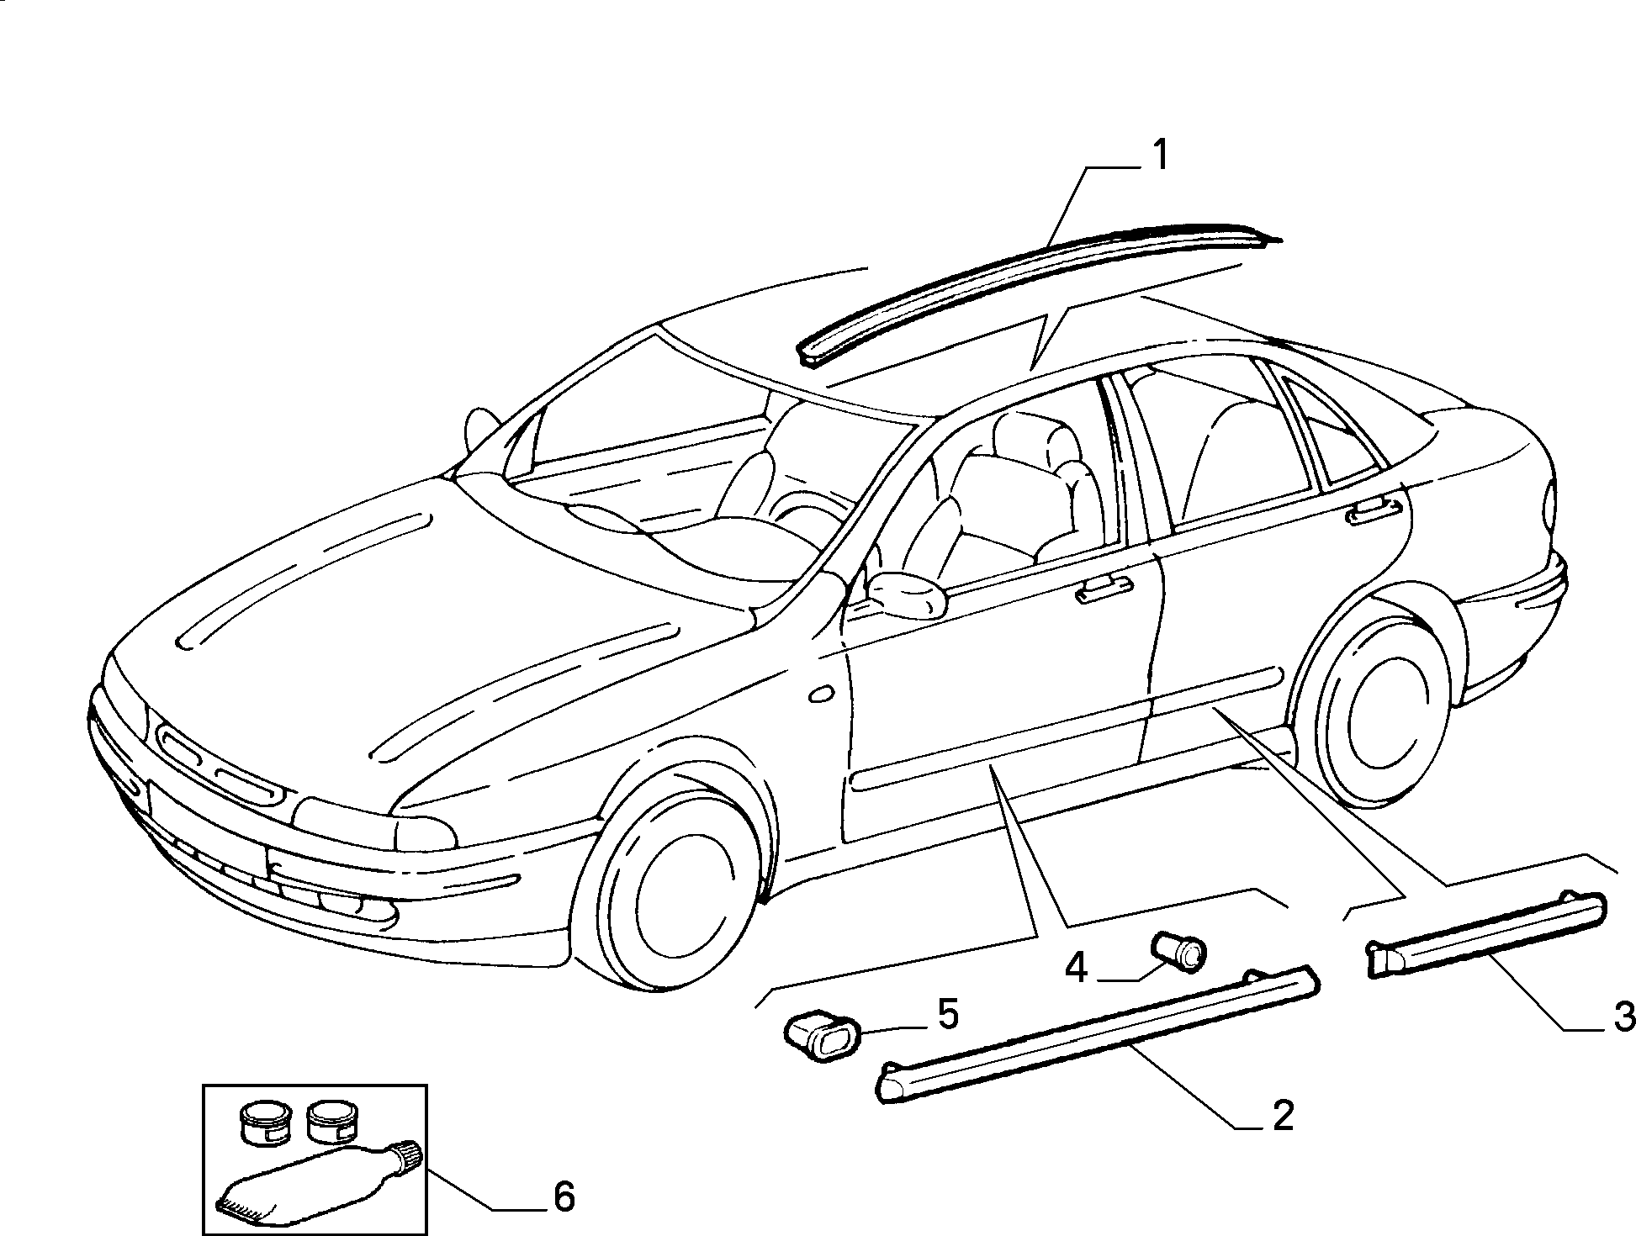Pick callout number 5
point(947,1015)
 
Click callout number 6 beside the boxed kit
point(564,1196)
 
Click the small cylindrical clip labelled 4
point(1178,951)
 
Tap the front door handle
point(1106,589)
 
